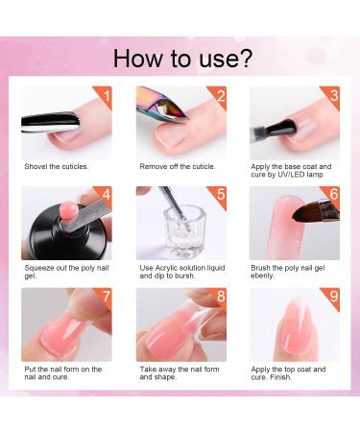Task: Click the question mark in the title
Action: click(245, 58)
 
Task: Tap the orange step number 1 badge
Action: click(105, 95)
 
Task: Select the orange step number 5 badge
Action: click(219, 195)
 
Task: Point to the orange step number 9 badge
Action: click(332, 297)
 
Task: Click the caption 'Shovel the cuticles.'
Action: click(57, 166)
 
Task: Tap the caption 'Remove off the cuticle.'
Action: click(178, 166)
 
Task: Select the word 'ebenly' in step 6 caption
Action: click(262, 276)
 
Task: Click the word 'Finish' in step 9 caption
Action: click(280, 377)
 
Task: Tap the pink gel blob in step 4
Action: click(67, 210)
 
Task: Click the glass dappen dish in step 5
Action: click(181, 231)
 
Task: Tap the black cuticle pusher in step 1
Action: click(50, 122)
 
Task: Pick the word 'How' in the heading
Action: click(138, 58)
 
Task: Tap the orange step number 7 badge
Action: click(105, 297)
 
